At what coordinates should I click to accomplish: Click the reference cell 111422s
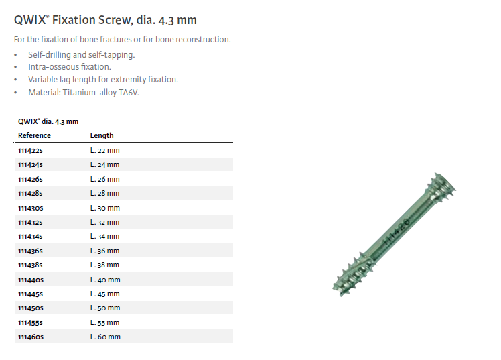click(30, 151)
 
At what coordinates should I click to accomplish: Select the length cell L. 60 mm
click(105, 337)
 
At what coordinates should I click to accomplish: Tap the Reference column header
click(34, 135)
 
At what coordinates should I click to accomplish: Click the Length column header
click(102, 135)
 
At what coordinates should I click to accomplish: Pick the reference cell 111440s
click(31, 280)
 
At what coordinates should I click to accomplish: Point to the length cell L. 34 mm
click(104, 236)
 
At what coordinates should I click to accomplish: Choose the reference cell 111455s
click(30, 323)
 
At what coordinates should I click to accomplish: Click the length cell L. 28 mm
click(104, 194)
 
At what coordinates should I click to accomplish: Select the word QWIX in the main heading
click(31, 20)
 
